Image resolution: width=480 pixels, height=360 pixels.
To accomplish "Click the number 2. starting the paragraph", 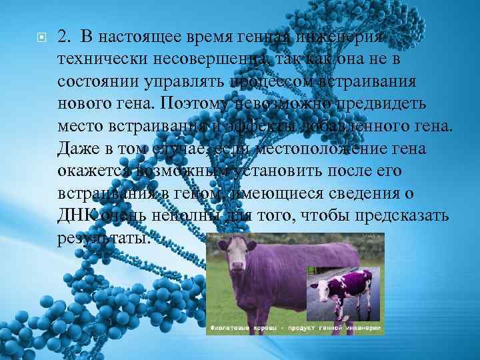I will pyautogui.click(x=65, y=38).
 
